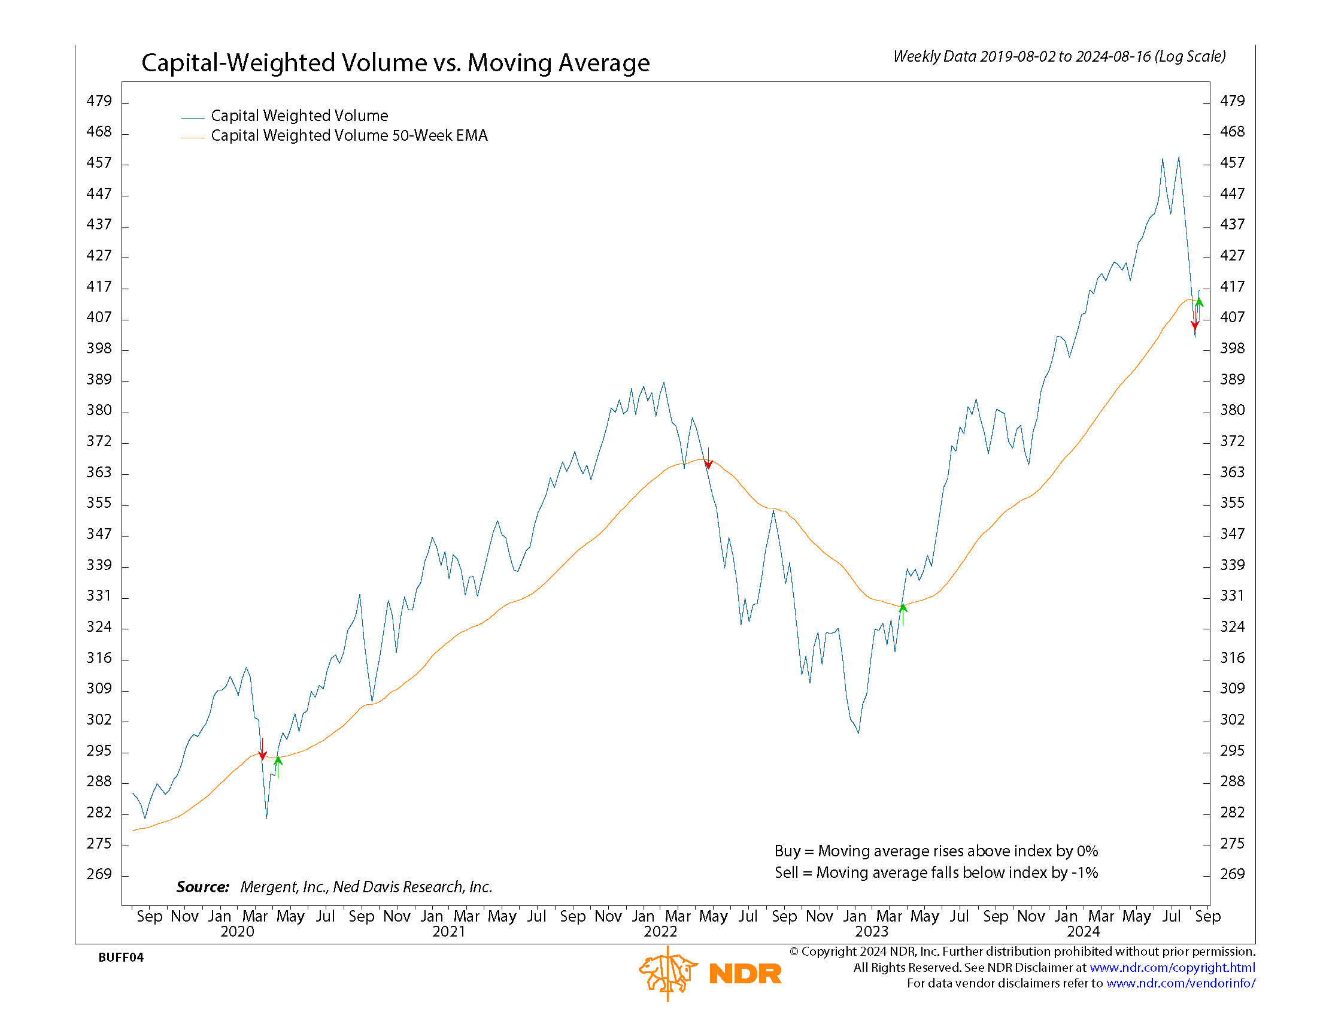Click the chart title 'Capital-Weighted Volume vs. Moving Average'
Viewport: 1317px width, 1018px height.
coord(395,63)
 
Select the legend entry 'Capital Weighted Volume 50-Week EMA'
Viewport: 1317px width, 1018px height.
coord(348,136)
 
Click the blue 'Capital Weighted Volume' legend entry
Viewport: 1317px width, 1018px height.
coord(299,116)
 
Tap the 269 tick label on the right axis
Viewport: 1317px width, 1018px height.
coord(1232,874)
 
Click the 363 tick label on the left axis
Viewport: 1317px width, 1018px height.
coord(99,472)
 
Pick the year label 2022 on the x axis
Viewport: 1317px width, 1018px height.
coord(660,932)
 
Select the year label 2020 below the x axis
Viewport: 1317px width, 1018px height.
coord(237,932)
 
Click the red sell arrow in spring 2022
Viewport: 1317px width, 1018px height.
coord(709,458)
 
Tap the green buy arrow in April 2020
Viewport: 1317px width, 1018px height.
coord(278,767)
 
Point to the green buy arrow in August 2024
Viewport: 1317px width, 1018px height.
coord(1200,310)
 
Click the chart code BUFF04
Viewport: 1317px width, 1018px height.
coord(120,958)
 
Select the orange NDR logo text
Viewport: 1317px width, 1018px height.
coord(745,974)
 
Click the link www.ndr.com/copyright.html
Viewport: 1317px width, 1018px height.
coord(1172,968)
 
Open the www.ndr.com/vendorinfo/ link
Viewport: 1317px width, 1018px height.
coord(1181,984)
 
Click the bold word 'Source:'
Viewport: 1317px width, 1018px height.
coord(202,887)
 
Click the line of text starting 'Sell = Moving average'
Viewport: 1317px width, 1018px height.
coord(936,872)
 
